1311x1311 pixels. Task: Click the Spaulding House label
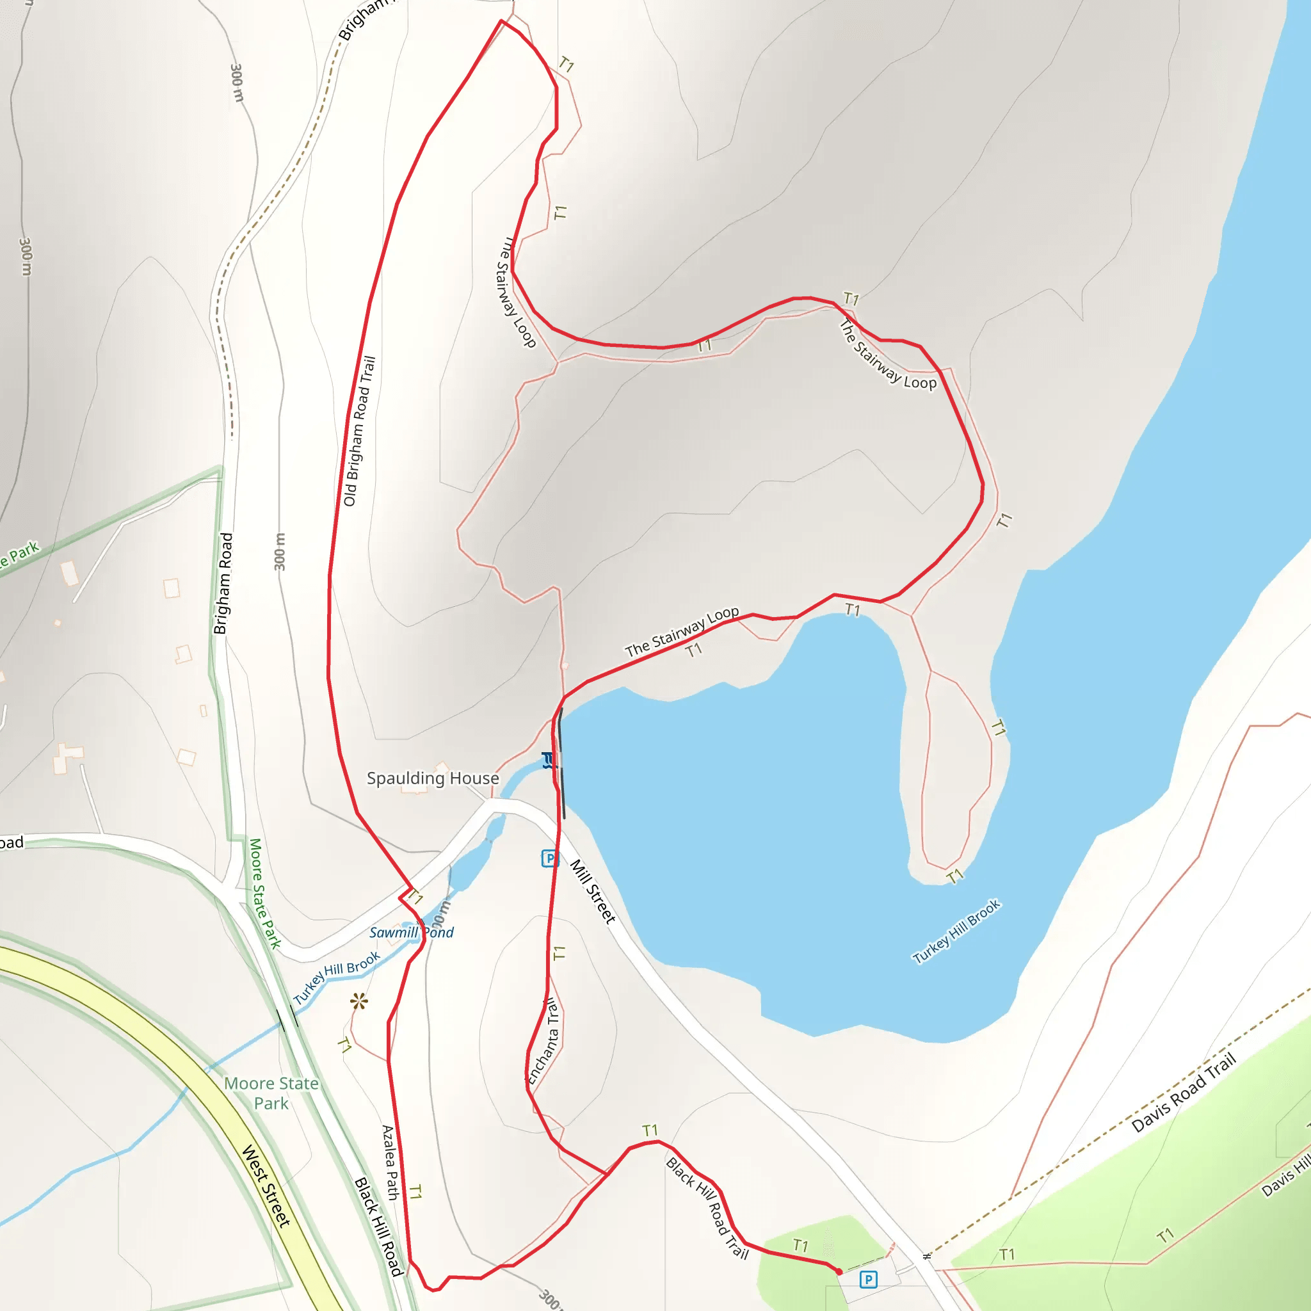click(433, 778)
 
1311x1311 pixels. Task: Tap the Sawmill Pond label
click(411, 932)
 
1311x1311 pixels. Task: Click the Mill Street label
click(592, 892)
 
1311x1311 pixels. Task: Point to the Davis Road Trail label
click(1184, 1093)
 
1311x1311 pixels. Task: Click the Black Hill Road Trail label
click(707, 1209)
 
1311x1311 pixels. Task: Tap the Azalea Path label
click(389, 1162)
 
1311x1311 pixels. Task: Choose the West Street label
click(266, 1186)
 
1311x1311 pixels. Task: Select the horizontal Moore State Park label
click(271, 1093)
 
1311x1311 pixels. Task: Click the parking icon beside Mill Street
click(550, 858)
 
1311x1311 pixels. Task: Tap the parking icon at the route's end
click(868, 1280)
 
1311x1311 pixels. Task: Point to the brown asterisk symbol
click(360, 1001)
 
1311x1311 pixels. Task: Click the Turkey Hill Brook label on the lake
click(956, 931)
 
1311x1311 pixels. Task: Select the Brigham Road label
click(223, 584)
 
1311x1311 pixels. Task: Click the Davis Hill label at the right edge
click(1286, 1177)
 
